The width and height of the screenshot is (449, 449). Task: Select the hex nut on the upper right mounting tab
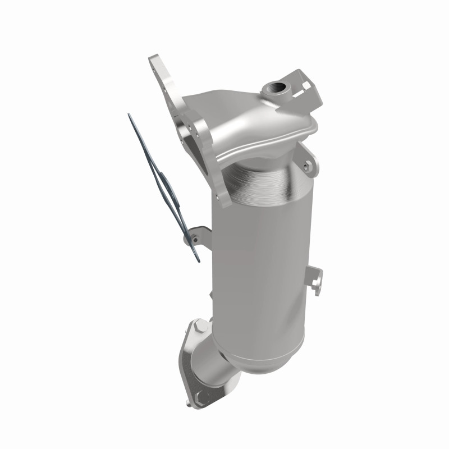coord(305,165)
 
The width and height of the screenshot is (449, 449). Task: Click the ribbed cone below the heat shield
coord(264,174)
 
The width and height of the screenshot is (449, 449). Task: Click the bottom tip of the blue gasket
coord(198,259)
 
